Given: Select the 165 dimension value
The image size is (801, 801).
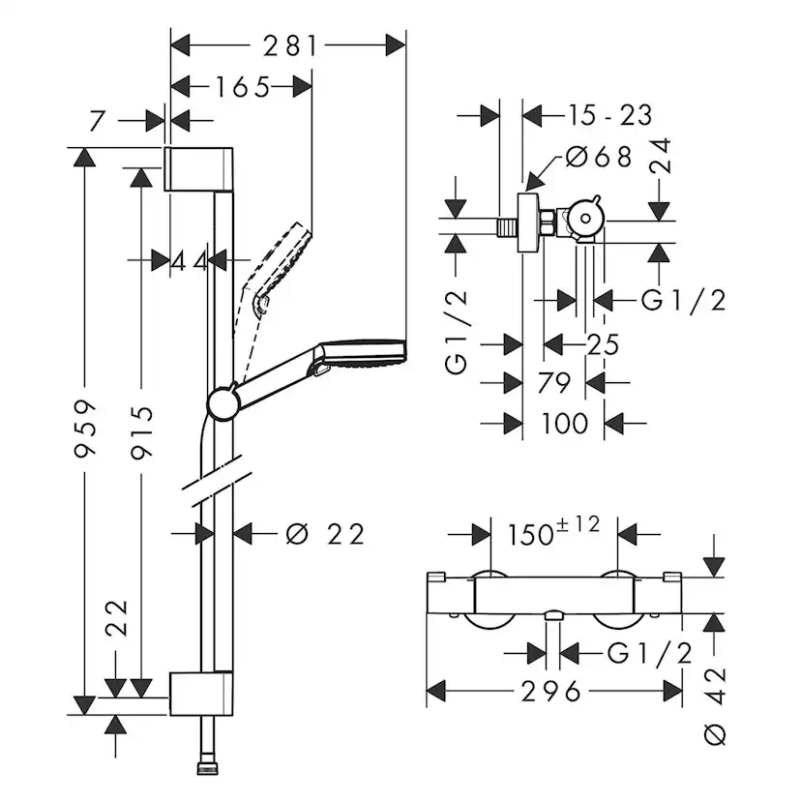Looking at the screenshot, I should click(228, 87).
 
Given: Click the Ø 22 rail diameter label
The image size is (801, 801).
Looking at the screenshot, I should click(327, 533).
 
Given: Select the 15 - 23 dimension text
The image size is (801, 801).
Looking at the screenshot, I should click(608, 116).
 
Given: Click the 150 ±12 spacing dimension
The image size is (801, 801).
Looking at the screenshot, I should click(552, 531).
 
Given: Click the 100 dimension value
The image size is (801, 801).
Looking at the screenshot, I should click(565, 423).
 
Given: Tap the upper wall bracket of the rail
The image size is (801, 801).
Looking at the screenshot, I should click(200, 169).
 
